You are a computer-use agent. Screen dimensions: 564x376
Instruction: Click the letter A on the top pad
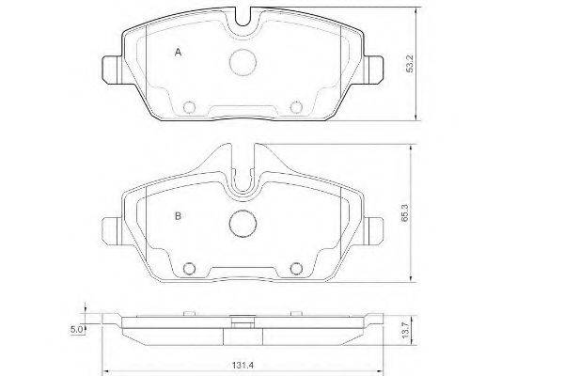pos(178,53)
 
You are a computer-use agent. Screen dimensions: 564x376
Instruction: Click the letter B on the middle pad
pos(178,216)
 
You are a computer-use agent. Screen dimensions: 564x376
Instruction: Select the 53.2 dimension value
pos(411,64)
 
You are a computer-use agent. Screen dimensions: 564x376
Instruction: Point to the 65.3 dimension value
pos(406,213)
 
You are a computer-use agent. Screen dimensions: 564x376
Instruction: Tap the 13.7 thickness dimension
pos(406,330)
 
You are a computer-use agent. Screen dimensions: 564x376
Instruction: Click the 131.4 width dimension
pos(243,366)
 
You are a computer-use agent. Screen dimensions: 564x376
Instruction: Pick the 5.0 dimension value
pos(77,329)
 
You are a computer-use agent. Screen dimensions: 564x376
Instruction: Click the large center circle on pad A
pos(243,62)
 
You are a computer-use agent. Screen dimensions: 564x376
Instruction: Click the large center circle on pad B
pos(243,224)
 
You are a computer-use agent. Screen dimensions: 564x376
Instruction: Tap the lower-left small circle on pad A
pos(189,107)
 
